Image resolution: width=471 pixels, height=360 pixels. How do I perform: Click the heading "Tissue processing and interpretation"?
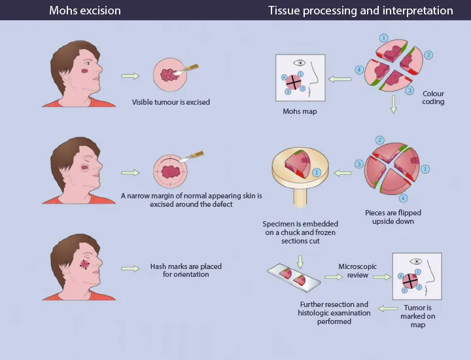360,10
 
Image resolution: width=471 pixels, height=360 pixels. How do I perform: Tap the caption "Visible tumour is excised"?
171,102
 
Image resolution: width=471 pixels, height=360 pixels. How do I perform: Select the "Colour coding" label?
433,98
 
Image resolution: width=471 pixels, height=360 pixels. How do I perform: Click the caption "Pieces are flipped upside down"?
392,217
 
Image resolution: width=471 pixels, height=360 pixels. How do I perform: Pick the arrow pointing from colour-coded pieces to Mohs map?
339,79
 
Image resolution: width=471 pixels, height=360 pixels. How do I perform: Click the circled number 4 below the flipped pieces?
404,198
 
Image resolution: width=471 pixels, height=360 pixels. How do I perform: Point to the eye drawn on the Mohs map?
300,63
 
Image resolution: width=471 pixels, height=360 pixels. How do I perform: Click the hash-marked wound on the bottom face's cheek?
84,264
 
